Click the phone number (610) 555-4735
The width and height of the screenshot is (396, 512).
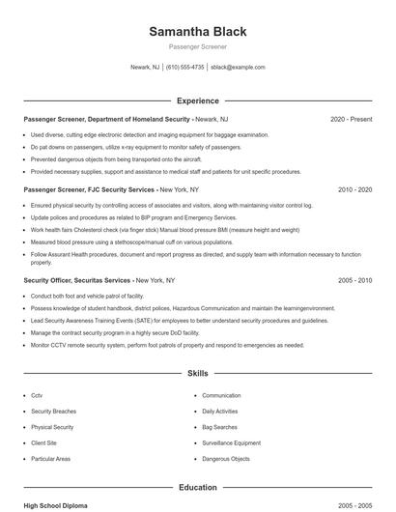click(x=184, y=68)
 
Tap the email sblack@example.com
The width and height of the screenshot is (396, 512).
click(x=238, y=68)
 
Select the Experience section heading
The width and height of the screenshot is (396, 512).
click(x=197, y=100)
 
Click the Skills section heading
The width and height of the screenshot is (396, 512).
click(x=197, y=374)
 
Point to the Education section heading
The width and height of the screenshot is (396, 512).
click(x=197, y=488)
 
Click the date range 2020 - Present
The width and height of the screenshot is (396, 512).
click(x=351, y=119)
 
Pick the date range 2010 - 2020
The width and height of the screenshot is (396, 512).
click(x=354, y=190)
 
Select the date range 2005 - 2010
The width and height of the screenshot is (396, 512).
click(x=354, y=280)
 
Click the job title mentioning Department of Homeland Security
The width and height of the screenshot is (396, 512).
click(x=106, y=119)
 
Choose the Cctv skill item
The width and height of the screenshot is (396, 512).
click(x=37, y=395)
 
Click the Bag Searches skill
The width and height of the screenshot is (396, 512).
click(x=220, y=427)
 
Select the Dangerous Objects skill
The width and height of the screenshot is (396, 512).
click(x=226, y=459)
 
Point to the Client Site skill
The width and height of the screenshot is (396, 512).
click(x=44, y=442)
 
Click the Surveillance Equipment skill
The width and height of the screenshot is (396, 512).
click(x=232, y=442)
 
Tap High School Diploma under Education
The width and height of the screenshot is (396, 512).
click(x=56, y=505)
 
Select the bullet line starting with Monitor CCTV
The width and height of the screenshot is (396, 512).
click(x=167, y=345)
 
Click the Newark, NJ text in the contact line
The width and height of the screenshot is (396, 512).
click(x=144, y=68)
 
